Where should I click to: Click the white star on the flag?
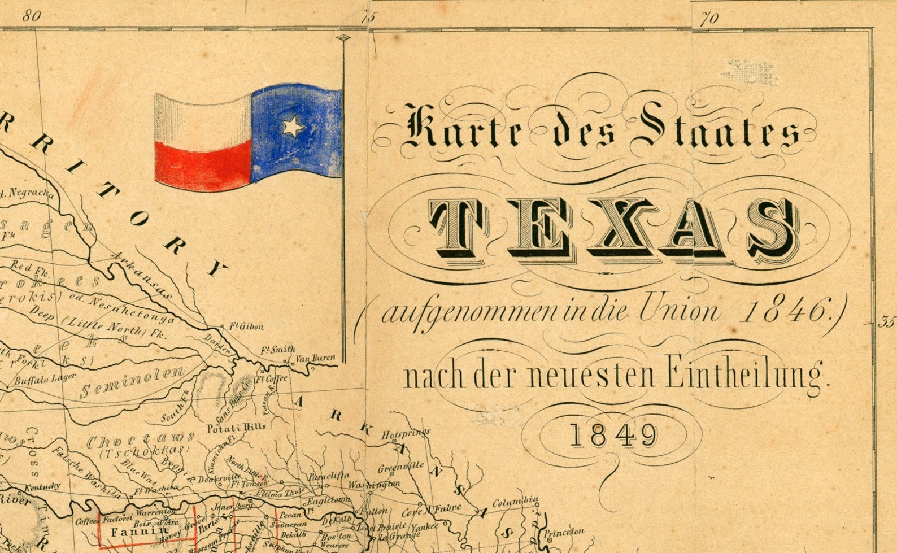click(293, 126)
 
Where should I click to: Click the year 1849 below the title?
click(614, 436)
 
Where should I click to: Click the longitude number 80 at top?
click(32, 15)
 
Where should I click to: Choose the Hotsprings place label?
click(406, 434)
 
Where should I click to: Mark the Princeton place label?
click(564, 532)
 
